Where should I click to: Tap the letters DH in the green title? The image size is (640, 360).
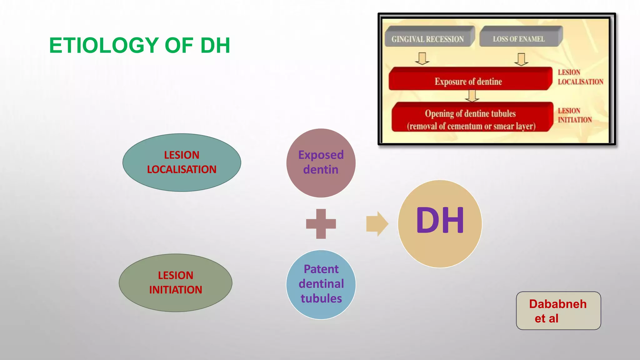(215, 46)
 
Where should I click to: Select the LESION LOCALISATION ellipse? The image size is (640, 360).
(182, 162)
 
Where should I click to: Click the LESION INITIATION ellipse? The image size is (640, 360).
(175, 282)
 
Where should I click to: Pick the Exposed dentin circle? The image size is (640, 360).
(321, 163)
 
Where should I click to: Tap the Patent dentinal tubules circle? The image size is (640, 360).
(321, 284)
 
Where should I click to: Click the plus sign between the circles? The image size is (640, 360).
(321, 224)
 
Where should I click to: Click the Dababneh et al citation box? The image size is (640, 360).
(558, 311)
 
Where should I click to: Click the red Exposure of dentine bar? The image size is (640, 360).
(469, 80)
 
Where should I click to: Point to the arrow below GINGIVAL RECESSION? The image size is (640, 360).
(422, 58)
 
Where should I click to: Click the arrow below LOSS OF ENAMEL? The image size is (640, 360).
(521, 59)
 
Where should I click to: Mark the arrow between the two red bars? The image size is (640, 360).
(472, 96)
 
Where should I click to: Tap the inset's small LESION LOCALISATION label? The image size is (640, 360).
(580, 77)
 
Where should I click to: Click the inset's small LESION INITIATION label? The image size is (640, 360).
(574, 115)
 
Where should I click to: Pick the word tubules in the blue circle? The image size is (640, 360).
(321, 298)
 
